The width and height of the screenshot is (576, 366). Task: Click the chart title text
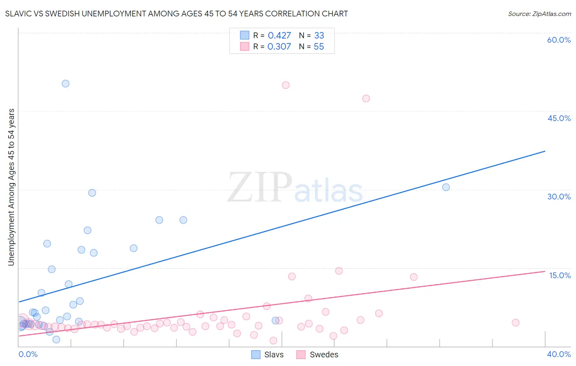177,14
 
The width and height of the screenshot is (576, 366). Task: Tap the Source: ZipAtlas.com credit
539,14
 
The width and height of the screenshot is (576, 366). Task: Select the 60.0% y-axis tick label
559,40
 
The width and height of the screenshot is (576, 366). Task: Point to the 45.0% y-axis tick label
559,118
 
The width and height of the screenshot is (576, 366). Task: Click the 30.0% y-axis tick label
559,197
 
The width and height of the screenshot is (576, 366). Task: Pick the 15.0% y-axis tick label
560,275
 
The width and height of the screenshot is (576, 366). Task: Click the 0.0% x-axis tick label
28,354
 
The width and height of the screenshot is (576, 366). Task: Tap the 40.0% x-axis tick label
559,354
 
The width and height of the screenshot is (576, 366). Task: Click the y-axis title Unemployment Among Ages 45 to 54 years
11,187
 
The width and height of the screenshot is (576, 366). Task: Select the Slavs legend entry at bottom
268,355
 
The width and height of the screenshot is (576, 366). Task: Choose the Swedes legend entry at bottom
317,355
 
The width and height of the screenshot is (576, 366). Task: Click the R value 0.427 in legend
279,36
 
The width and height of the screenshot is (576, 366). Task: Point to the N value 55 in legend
319,47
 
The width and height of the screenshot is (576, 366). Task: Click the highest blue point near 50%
66,84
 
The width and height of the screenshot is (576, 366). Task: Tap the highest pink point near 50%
286,85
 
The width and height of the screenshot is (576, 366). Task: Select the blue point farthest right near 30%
446,187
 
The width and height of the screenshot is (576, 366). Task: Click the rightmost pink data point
515,323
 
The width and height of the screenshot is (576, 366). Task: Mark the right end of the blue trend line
545,151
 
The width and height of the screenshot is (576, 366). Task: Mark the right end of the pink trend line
545,271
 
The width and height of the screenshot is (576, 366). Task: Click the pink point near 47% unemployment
366,98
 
